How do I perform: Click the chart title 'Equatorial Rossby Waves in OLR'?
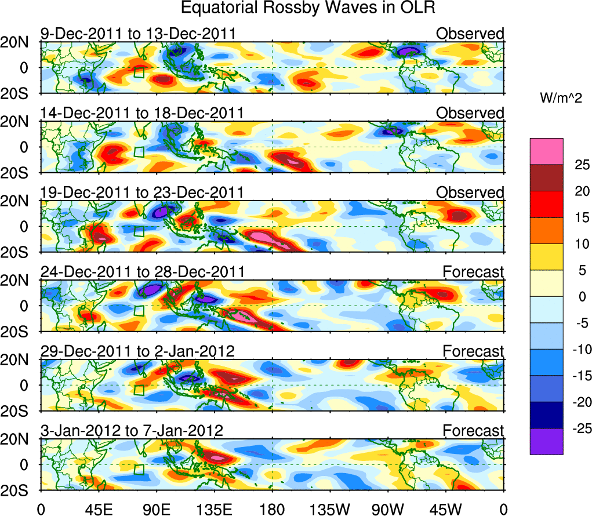pos(308,8)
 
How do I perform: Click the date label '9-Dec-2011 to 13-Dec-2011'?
pos(141,34)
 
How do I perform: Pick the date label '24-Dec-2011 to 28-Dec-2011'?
pos(143,272)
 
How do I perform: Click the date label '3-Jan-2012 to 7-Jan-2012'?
pos(132,431)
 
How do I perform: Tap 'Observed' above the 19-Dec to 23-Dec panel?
pos(470,192)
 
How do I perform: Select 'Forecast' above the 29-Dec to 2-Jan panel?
pos(473,351)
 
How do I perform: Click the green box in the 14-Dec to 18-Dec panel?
pos(139,151)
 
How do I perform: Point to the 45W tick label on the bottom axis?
pos(446,509)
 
